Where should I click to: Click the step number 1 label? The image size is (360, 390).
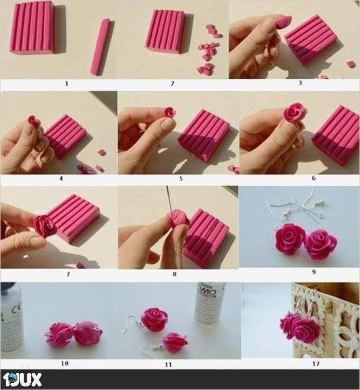point(66,83)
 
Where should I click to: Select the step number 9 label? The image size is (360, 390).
point(314,272)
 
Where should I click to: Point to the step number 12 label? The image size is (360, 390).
point(316,363)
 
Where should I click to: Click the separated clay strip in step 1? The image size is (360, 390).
point(100,47)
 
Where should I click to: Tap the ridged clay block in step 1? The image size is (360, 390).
point(32,27)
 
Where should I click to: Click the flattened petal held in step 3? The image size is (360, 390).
point(283,22)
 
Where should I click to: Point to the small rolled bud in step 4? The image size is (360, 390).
point(33,120)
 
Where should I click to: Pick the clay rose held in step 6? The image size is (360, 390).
point(295,112)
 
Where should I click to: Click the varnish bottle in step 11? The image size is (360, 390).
point(210,303)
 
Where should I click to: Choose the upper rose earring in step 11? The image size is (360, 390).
point(154,319)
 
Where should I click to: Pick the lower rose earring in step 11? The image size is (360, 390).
point(174,342)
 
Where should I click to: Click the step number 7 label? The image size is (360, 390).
point(68,274)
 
